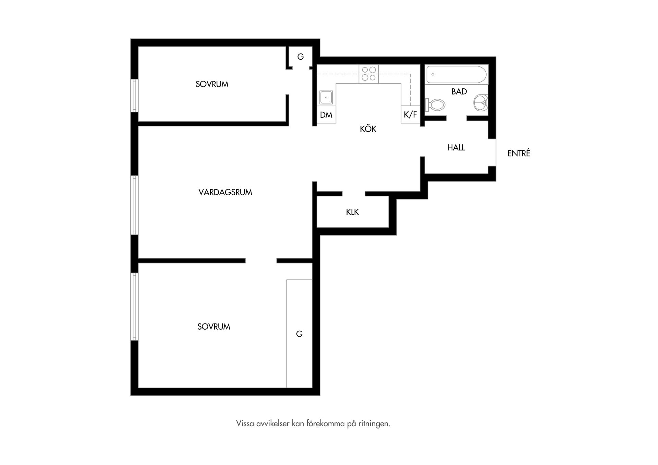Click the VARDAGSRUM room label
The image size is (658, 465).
click(225, 192)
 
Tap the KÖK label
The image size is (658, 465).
click(368, 129)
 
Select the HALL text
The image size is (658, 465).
click(456, 148)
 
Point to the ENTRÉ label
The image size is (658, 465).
click(519, 153)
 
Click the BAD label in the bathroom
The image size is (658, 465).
click(459, 91)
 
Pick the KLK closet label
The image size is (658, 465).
click(352, 212)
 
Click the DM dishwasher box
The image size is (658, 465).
click(326, 115)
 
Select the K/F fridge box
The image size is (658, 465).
click(411, 114)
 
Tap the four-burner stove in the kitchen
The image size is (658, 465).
click(369, 74)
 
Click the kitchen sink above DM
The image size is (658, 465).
click(326, 97)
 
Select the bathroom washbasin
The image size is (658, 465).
click(481, 103)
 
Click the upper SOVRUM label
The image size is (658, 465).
click(212, 84)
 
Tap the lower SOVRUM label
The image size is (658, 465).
click(214, 327)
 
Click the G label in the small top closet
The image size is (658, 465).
click(301, 57)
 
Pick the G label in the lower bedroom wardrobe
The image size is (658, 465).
click(299, 334)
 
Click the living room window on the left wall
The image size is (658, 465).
click(134, 205)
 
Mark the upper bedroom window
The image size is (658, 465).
click(134, 96)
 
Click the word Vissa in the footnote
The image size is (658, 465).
click(245, 424)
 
